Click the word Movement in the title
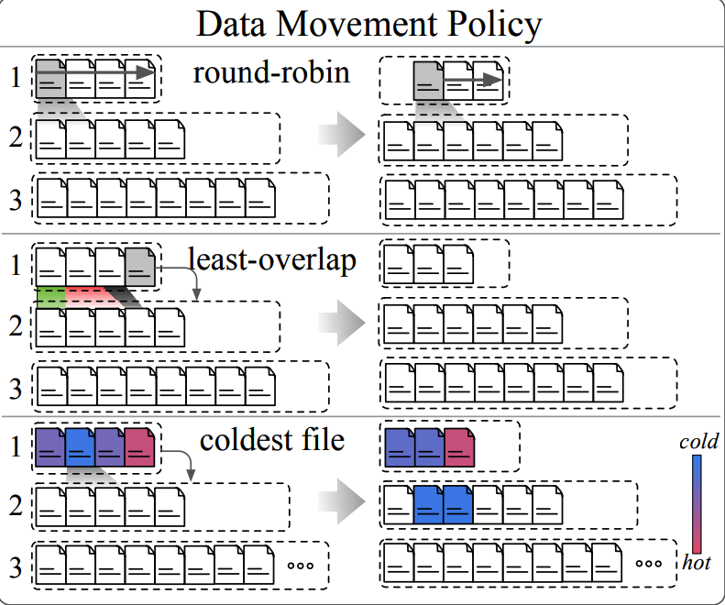tap(357, 24)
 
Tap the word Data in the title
tap(231, 24)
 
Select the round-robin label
tap(271, 73)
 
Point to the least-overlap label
tap(272, 260)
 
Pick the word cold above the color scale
tap(698, 442)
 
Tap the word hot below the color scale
tap(697, 563)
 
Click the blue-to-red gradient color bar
tap(697, 503)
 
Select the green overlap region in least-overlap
tap(50, 297)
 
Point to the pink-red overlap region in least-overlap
tap(90, 297)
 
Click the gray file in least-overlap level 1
tap(140, 267)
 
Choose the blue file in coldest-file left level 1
tap(80, 446)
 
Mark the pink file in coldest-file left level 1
tap(139, 446)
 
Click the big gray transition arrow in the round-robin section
tap(342, 135)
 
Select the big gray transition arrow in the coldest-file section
tap(342, 501)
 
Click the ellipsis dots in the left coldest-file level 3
tap(301, 566)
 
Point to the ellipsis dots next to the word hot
tap(649, 564)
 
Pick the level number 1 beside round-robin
tap(16, 77)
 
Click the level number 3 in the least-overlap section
tap(16, 389)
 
